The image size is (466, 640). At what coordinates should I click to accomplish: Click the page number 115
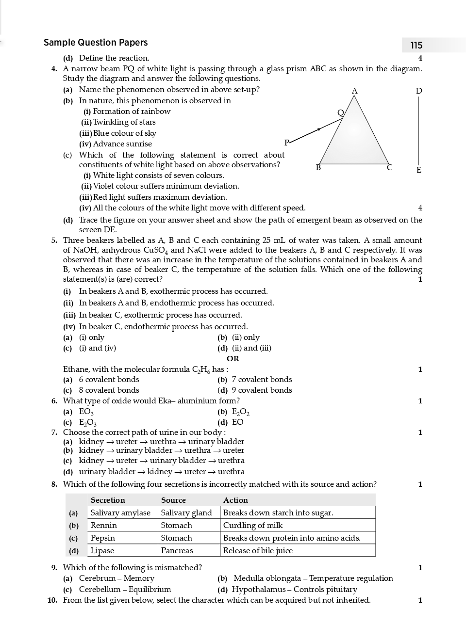point(416,45)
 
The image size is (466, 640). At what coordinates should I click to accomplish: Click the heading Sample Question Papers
point(96,43)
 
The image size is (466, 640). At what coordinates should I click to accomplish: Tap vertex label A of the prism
point(354,91)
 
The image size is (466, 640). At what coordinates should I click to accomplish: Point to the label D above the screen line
point(419,91)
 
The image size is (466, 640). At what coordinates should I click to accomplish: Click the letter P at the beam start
point(286,142)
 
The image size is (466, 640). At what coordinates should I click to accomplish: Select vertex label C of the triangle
point(389,168)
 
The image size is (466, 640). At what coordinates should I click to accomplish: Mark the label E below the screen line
point(418,170)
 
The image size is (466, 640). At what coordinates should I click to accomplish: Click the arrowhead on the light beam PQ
point(318,129)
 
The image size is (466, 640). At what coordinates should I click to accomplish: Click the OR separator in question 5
point(233,359)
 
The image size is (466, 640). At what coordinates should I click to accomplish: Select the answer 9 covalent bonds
point(262,390)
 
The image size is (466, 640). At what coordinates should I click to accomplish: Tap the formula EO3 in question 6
point(86,412)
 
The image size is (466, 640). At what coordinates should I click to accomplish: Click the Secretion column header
point(108,500)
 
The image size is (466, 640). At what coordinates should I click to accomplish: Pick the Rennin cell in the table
point(104,526)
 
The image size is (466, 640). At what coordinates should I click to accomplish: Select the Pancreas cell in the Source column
point(177,551)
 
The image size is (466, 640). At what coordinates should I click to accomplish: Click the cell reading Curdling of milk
point(253,526)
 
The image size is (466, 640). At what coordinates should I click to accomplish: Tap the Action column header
point(235,500)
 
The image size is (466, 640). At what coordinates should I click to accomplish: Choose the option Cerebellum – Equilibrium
point(125,590)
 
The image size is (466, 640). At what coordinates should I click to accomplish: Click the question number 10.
point(52,600)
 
